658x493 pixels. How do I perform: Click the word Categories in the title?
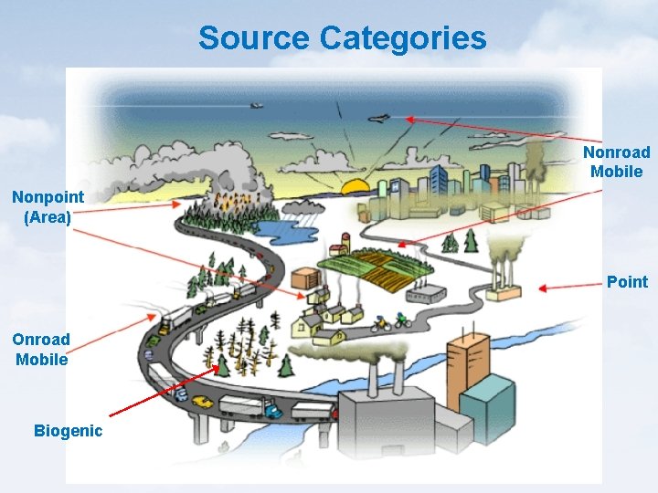[x=403, y=38]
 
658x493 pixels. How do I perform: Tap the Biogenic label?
[x=68, y=431]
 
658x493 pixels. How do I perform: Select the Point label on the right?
[x=627, y=282]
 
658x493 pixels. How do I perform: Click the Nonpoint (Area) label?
[x=48, y=206]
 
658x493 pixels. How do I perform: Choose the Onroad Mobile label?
[x=41, y=349]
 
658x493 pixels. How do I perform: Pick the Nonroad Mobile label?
[x=617, y=162]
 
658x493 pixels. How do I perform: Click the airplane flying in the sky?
[x=381, y=119]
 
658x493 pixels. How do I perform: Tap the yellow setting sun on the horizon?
[x=355, y=188]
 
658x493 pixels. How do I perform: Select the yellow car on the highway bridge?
[x=203, y=401]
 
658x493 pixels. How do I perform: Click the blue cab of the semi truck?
[x=273, y=412]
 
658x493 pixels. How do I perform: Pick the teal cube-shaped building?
[x=486, y=402]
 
